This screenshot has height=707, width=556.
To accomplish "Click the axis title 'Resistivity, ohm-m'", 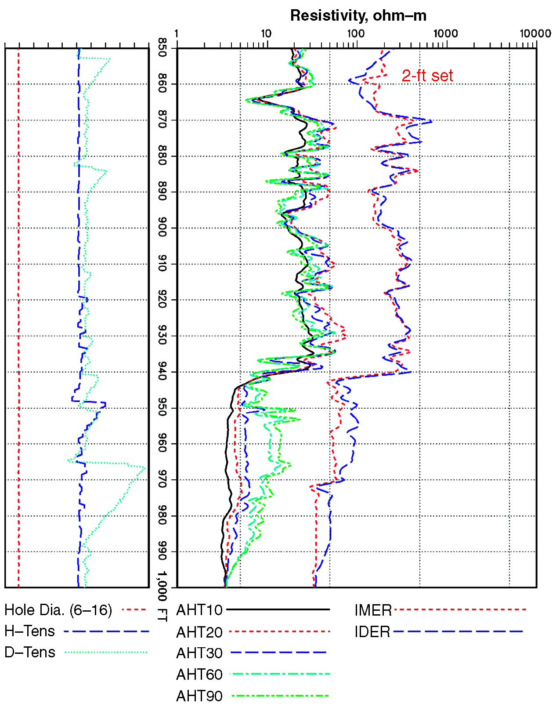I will click(358, 16).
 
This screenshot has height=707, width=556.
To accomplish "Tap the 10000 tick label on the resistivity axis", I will click(535, 34).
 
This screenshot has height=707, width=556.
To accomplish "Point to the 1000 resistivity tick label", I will click(445, 34).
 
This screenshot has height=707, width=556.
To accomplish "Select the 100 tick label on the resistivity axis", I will click(355, 34).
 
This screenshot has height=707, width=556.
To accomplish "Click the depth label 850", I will click(162, 47).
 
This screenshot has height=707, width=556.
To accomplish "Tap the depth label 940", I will click(162, 372).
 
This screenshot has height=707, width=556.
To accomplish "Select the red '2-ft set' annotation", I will click(427, 76).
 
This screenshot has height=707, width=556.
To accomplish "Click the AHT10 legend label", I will click(199, 610).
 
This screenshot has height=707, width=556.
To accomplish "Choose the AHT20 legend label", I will click(199, 632).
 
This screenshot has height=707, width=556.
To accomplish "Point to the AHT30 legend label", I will click(199, 653).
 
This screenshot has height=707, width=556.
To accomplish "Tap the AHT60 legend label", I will click(199, 674).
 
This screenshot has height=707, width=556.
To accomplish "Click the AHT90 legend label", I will click(199, 696).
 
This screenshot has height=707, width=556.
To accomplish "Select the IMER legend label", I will click(373, 610).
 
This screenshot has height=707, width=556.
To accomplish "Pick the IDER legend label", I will click(372, 632).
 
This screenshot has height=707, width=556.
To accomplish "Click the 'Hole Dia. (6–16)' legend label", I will click(58, 610).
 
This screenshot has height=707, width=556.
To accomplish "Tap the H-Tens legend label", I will click(30, 631).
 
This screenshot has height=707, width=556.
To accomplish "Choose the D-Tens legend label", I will click(30, 653).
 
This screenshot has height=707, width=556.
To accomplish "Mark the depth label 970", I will click(162, 479).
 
